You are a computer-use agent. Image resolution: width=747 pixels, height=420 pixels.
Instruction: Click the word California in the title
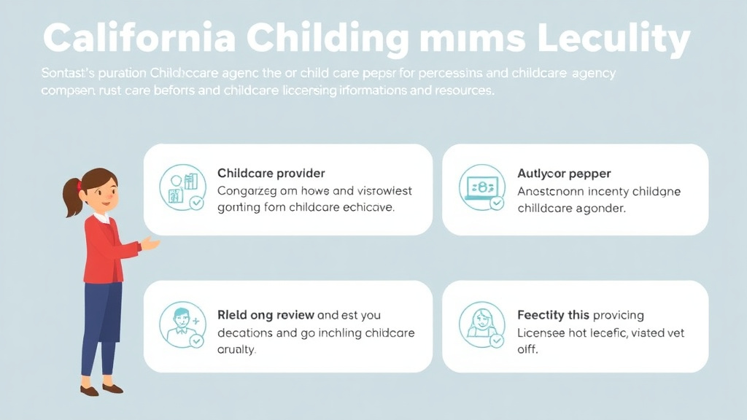(x=138, y=38)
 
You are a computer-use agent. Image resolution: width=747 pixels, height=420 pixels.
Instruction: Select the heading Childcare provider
(x=271, y=174)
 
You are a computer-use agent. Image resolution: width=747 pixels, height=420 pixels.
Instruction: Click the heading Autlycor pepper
(x=564, y=174)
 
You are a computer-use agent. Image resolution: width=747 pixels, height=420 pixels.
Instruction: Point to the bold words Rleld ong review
(x=266, y=315)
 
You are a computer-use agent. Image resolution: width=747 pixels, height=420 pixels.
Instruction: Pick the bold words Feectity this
(x=552, y=315)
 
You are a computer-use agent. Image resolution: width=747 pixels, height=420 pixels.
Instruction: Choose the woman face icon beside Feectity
(x=481, y=324)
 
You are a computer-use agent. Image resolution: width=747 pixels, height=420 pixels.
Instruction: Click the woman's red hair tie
(x=78, y=185)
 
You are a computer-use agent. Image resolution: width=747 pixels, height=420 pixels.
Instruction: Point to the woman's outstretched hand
(x=150, y=244)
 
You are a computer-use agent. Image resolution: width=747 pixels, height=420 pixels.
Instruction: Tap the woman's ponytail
(x=72, y=198)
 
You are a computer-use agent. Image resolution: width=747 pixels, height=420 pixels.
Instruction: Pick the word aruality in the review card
(x=236, y=350)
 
